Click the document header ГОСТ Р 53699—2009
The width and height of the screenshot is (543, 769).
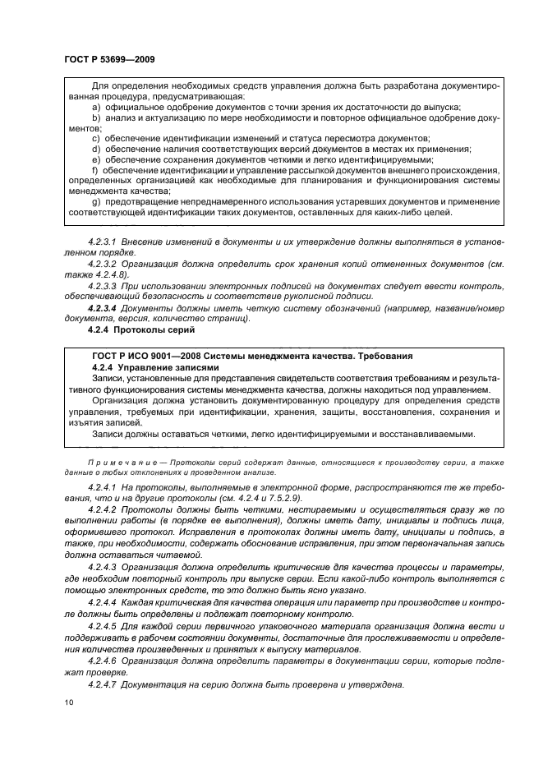coord(109,60)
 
